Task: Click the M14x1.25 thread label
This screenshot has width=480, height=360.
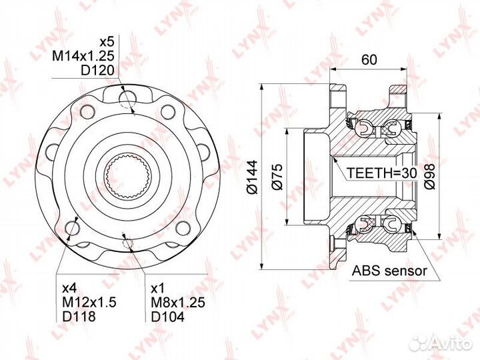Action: click(x=83, y=56)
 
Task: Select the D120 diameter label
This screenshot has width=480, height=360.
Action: click(x=97, y=71)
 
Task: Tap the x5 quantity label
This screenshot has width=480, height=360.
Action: click(x=107, y=41)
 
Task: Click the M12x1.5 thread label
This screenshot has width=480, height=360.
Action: click(x=89, y=303)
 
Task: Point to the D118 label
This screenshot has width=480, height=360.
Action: click(x=79, y=317)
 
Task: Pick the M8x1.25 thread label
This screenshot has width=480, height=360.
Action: click(x=178, y=303)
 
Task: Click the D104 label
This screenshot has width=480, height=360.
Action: click(x=168, y=317)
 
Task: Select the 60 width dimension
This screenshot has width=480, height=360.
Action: click(x=369, y=60)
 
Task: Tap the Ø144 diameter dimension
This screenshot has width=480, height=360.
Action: click(x=253, y=177)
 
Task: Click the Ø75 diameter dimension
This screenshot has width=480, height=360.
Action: click(x=277, y=177)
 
